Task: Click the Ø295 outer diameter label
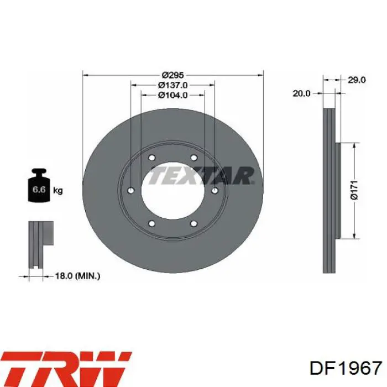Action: click(x=172, y=75)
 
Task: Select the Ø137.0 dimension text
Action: click(x=172, y=85)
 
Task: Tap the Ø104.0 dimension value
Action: click(x=172, y=95)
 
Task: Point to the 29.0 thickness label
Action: click(x=357, y=80)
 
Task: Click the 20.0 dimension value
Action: click(x=301, y=93)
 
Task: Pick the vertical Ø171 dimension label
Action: click(x=354, y=190)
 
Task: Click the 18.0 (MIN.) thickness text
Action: click(x=77, y=276)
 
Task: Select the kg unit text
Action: click(x=58, y=191)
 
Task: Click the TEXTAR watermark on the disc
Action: click(x=201, y=176)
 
